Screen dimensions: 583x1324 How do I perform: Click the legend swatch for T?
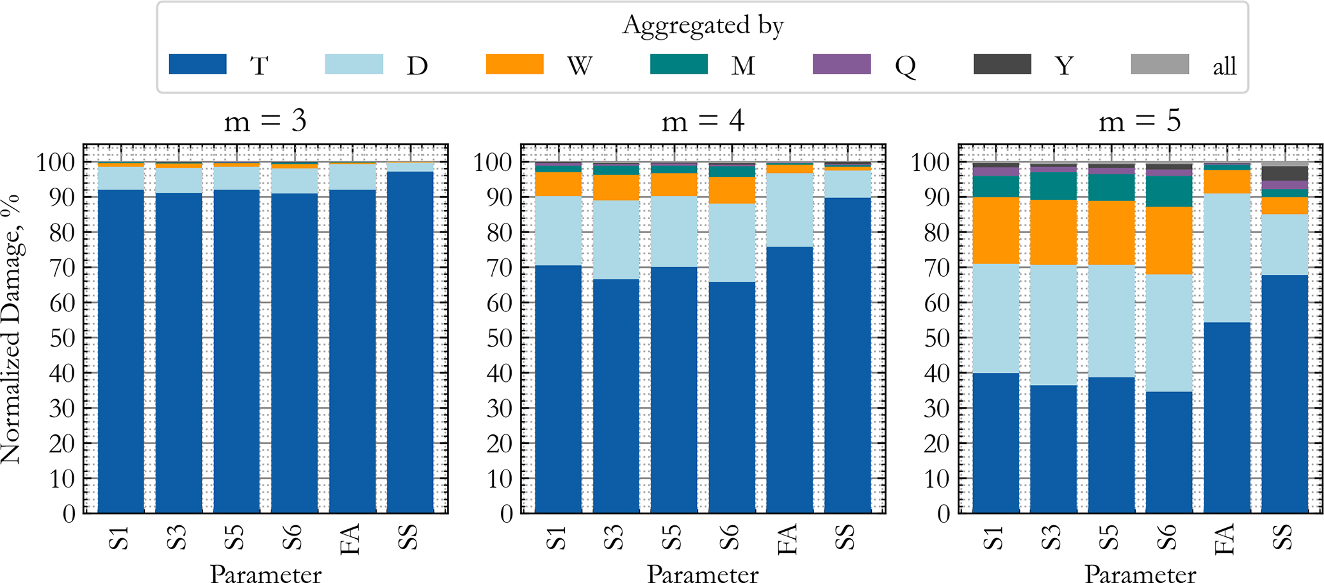click(x=197, y=65)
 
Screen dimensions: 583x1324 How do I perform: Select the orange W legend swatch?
click(x=514, y=65)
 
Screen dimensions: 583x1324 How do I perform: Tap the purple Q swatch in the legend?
click(x=841, y=65)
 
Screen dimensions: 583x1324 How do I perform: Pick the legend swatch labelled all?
click(x=1159, y=65)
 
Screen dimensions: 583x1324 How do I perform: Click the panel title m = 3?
click(x=265, y=121)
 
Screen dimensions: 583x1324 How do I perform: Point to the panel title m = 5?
click(x=1140, y=121)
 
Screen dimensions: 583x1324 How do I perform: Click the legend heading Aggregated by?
click(x=703, y=26)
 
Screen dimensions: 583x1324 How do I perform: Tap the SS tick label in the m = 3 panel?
click(x=408, y=537)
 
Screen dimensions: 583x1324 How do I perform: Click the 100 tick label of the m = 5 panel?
click(x=932, y=163)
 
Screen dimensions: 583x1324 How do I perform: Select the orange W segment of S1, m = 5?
click(x=995, y=230)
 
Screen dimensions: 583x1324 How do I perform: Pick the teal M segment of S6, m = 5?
click(x=1169, y=191)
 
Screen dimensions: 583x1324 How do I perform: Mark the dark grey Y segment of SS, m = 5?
click(x=1285, y=173)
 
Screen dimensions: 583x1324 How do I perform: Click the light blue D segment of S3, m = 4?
click(x=616, y=240)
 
